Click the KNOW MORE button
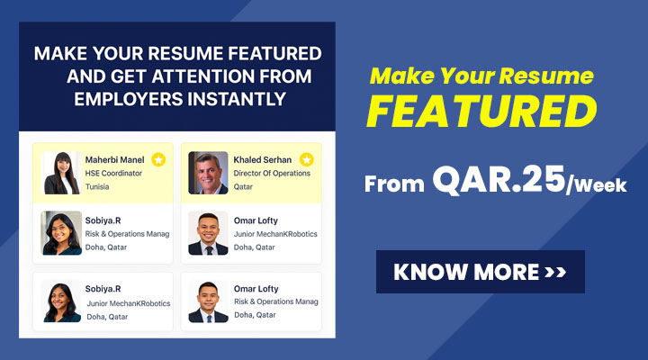(x=481, y=272)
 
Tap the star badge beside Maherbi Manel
(x=158, y=159)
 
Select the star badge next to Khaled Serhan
(x=306, y=159)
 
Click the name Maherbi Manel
(x=115, y=159)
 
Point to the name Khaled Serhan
(x=263, y=159)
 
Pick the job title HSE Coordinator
(x=113, y=173)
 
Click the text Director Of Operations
(x=272, y=173)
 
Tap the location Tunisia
(x=97, y=187)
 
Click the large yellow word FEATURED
(x=481, y=112)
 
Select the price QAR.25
(x=499, y=180)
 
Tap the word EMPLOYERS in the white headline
(x=129, y=99)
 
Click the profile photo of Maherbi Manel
(x=62, y=173)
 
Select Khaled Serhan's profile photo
(x=208, y=173)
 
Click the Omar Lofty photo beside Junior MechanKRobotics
(x=208, y=233)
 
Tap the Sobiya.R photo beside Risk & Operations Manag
(x=61, y=233)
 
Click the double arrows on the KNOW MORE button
(x=555, y=272)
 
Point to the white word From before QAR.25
(x=394, y=184)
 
